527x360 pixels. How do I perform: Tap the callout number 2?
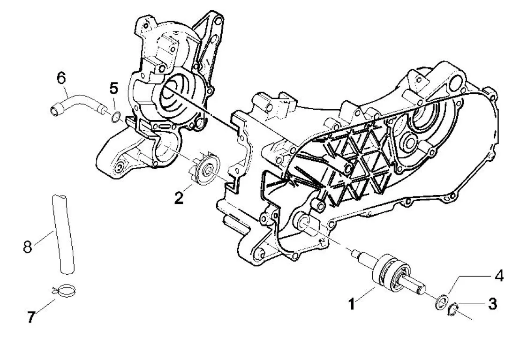[x=178, y=197]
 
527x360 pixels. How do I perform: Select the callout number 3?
[x=491, y=304]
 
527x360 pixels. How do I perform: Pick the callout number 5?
[x=114, y=88]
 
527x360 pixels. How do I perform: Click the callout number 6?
[x=61, y=77]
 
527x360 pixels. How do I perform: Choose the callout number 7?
[x=30, y=317]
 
